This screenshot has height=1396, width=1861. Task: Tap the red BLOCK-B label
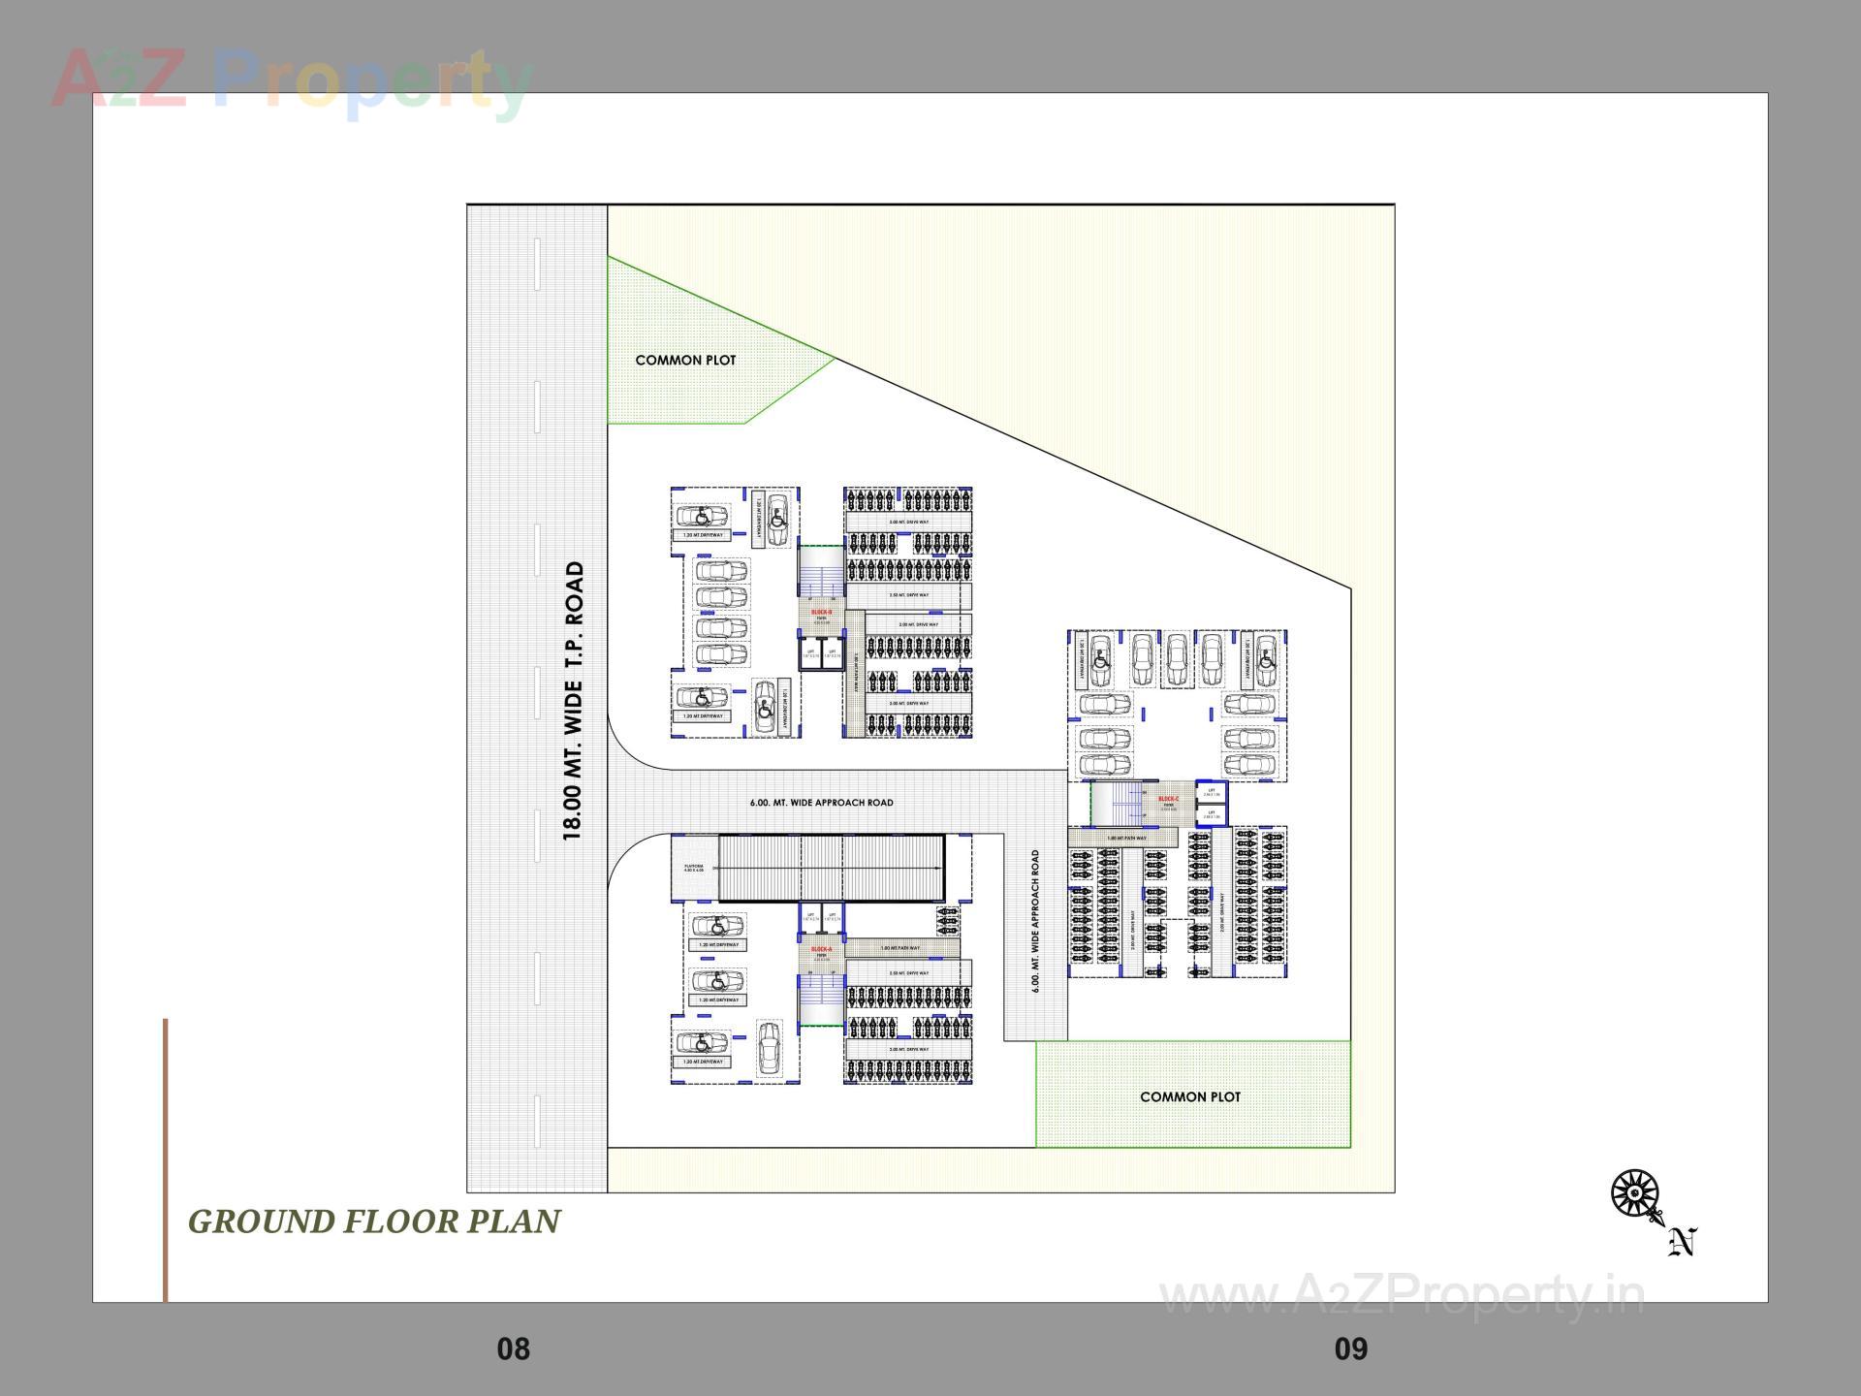point(821,612)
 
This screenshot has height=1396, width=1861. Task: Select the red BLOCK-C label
point(1169,799)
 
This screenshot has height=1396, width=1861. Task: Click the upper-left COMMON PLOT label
point(685,360)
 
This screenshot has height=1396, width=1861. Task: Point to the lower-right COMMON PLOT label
point(1190,1096)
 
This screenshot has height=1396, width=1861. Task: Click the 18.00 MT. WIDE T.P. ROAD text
point(574,700)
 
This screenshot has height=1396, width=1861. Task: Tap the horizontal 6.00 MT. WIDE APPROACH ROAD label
point(821,803)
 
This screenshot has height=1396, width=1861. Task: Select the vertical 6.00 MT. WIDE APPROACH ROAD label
point(1035,921)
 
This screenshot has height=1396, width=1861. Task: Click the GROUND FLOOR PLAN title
point(374,1221)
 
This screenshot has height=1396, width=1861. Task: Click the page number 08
point(513,1348)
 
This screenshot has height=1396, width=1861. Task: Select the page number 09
point(1351,1348)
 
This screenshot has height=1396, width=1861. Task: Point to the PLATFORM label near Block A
point(694,869)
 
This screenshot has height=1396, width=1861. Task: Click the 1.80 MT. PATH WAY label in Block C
point(1126,838)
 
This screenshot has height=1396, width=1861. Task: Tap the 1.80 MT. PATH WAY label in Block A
point(900,948)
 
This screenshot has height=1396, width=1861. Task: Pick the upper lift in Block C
point(1211,792)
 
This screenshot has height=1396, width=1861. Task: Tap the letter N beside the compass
point(1684,1242)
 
